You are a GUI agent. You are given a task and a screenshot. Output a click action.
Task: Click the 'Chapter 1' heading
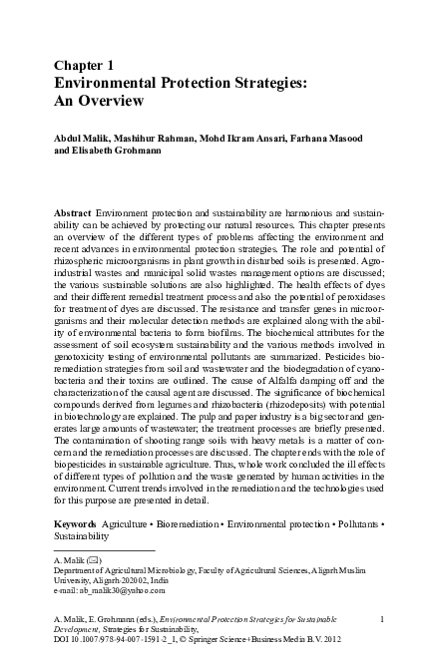[85, 64]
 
